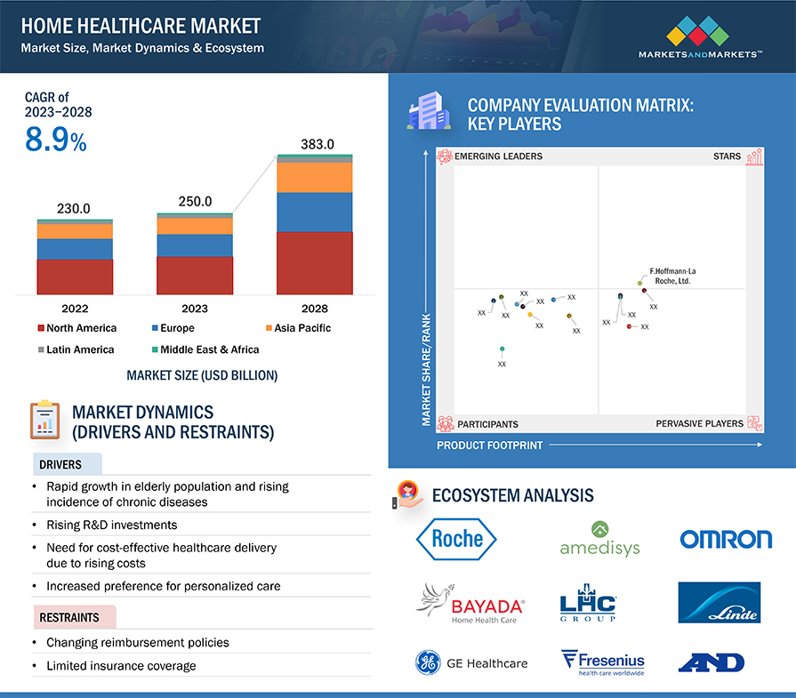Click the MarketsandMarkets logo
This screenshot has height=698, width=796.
coord(700,39)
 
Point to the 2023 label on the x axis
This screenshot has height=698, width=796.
coord(195,309)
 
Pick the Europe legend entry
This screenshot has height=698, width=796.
coord(178,328)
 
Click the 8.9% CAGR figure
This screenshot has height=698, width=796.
coord(55,140)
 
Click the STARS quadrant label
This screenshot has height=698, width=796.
coord(727,156)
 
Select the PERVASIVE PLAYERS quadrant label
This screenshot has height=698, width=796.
coord(699,423)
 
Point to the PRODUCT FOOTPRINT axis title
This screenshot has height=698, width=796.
coord(489,445)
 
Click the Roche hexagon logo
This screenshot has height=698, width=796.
coord(457,538)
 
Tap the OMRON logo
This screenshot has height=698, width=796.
coord(726,539)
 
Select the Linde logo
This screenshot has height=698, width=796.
coord(719,602)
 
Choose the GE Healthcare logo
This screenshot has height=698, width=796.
coord(471,662)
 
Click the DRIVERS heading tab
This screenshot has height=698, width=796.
coord(60,464)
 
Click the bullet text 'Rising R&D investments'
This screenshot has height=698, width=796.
coord(111,525)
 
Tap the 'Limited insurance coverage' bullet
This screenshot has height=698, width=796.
coord(120,665)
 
